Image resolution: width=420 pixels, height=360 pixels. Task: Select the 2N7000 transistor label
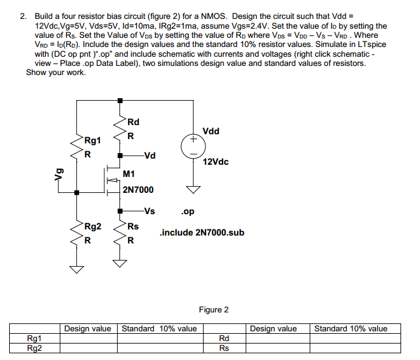[x=138, y=190]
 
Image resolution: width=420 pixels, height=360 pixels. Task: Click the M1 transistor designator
[x=129, y=175]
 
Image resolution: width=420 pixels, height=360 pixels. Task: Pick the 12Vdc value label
[x=216, y=162]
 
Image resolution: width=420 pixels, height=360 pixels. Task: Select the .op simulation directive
[x=188, y=213]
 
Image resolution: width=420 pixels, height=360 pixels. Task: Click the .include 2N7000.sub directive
[x=202, y=232]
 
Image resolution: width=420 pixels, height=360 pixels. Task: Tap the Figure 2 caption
[x=213, y=310]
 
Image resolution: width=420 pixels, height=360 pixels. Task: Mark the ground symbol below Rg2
[x=76, y=268]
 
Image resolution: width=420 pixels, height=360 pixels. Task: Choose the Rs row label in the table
[x=224, y=348]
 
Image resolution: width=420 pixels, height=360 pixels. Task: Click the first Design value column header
[x=88, y=329]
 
